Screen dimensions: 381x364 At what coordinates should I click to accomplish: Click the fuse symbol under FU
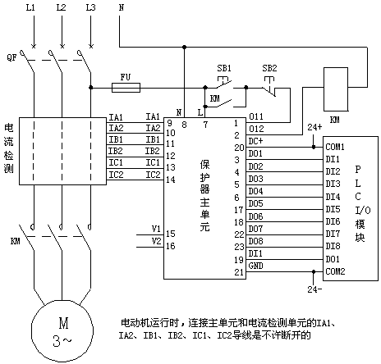tap(126, 88)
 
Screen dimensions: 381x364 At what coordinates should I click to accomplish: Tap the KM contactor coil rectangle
tap(336, 89)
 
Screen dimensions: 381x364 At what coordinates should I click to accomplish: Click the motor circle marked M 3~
tap(62, 331)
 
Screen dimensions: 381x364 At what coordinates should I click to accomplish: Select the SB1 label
tap(224, 68)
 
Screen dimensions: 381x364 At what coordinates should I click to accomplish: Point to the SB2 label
tap(269, 68)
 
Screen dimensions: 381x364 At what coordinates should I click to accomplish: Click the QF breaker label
tap(12, 57)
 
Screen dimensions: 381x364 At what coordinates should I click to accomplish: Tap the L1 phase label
tap(30, 7)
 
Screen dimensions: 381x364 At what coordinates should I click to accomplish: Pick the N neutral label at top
tap(122, 7)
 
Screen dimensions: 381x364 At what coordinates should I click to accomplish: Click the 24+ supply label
tap(314, 127)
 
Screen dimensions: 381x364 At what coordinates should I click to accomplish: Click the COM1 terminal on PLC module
tap(335, 147)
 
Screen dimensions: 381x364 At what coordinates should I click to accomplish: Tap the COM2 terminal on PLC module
tap(335, 271)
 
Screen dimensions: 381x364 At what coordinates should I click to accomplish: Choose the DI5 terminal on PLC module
tap(333, 209)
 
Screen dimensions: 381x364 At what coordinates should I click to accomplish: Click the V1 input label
tap(156, 229)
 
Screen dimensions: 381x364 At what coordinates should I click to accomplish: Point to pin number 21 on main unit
tap(239, 272)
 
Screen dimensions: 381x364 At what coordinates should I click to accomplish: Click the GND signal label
tap(256, 266)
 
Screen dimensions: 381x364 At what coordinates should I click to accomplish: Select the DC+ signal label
tap(255, 141)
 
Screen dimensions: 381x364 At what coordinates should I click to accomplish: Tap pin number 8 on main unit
tap(184, 125)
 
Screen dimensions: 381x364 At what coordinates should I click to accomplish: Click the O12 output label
tap(256, 129)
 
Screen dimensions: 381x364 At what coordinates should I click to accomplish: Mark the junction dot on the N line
tap(185, 47)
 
